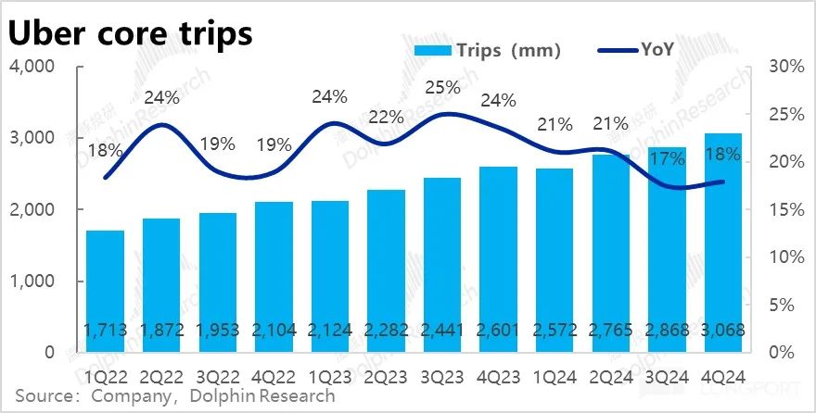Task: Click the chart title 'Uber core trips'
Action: coord(131,33)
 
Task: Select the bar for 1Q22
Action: coord(104,287)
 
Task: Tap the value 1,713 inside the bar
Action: coord(104,332)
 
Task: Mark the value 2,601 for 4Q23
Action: coord(498,332)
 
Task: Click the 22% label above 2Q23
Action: coord(386,118)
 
